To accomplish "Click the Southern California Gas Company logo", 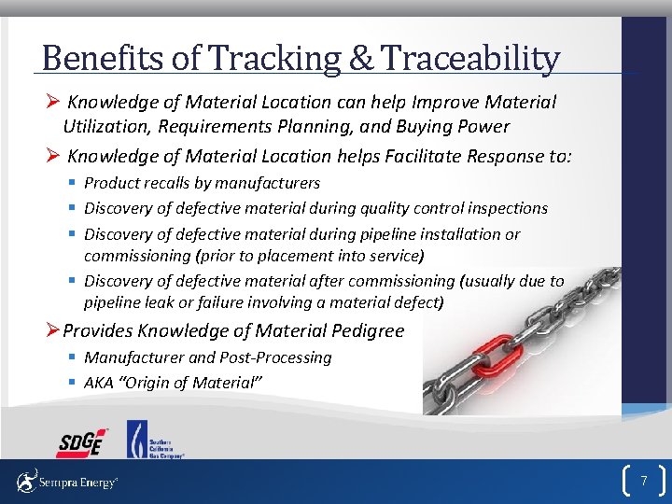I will (154, 440).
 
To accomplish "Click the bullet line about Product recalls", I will (202, 183).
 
